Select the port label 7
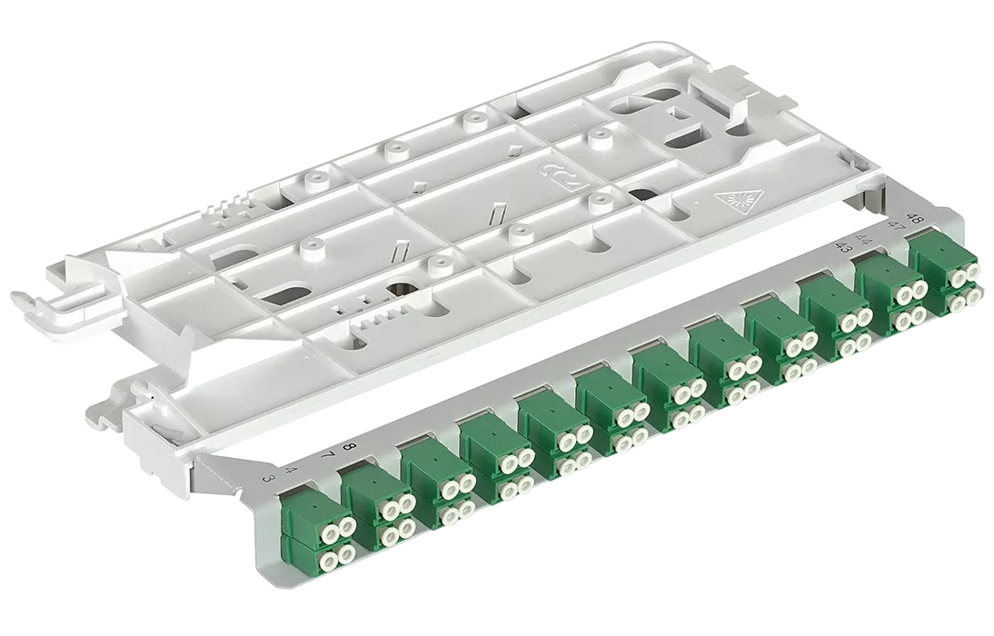click(327, 454)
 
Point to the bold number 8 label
click(347, 448)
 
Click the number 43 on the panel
click(845, 248)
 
